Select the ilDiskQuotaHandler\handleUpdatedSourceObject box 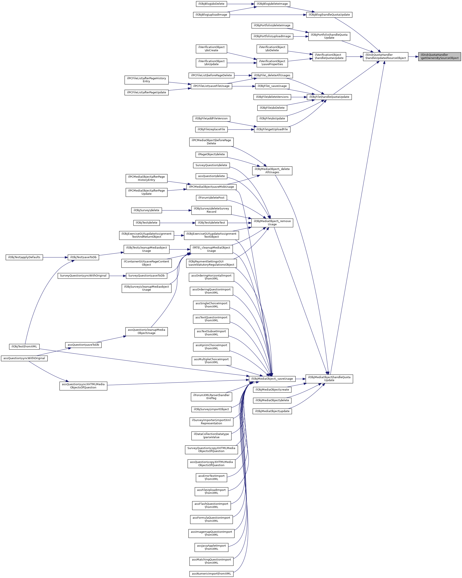coord(385,57)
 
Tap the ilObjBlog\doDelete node coord(211,4)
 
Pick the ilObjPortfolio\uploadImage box coord(272,36)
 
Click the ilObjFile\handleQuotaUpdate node coord(329,97)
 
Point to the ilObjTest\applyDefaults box coord(24,257)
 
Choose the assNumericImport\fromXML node coord(211,574)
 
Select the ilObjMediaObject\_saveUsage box coord(272,379)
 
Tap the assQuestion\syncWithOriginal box coord(24,359)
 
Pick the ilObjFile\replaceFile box coord(211,129)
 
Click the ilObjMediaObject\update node coord(272,411)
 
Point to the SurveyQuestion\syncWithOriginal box coord(83,276)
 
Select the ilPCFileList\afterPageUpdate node coord(146,92)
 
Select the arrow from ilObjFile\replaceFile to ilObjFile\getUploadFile coord(241,129)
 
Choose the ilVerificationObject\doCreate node coord(211,49)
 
